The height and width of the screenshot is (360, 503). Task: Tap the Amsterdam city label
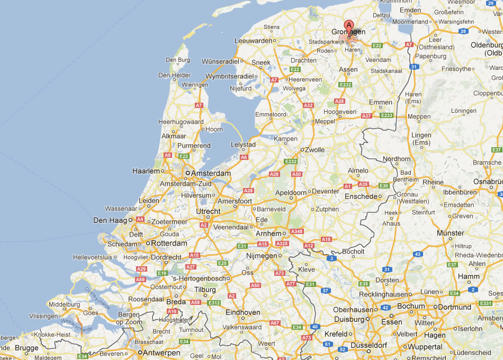point(211,173)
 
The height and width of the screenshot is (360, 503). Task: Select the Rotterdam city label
point(169,244)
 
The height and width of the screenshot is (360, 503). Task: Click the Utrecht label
point(208,211)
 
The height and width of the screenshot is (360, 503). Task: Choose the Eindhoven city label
point(243,312)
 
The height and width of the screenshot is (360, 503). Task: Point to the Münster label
point(451,233)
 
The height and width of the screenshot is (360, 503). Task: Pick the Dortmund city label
point(454,307)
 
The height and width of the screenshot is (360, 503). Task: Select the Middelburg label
point(64,304)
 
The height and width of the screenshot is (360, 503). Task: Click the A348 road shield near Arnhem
point(297,231)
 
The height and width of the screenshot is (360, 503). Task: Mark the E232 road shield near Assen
point(345,85)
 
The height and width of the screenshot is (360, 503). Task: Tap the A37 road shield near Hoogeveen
point(366,115)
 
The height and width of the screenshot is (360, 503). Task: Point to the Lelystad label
point(244,145)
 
